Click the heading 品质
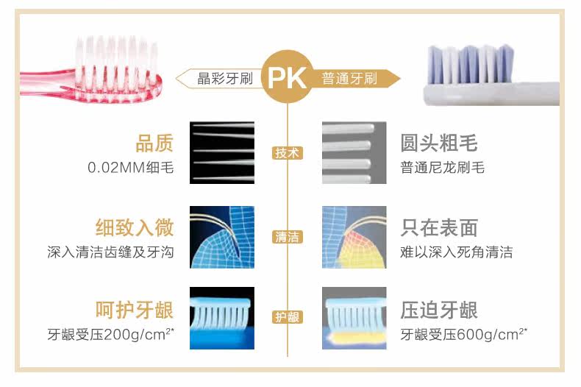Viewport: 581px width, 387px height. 154,143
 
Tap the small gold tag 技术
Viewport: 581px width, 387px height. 288,153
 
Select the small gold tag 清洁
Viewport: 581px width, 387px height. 288,237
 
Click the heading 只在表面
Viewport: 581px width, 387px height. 439,227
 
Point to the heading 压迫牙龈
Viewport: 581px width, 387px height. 439,310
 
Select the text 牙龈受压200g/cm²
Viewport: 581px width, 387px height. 110,335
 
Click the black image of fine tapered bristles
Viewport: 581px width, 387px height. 222,152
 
